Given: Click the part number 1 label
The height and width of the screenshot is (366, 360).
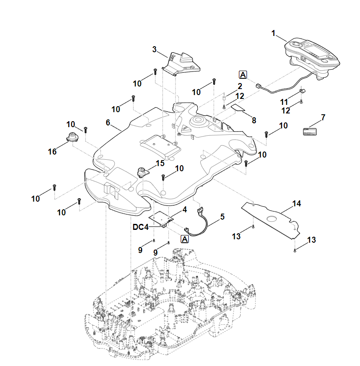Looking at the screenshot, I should pyautogui.click(x=274, y=33).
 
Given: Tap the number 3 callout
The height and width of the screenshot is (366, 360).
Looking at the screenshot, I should pyautogui.click(x=155, y=49).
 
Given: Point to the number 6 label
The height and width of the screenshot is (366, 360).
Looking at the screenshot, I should pyautogui.click(x=108, y=122).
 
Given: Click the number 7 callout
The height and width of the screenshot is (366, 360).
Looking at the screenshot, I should pyautogui.click(x=323, y=116).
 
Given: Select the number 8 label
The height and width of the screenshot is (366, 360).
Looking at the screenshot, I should pyautogui.click(x=254, y=121).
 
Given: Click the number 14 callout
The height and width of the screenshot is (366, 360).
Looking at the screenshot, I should pyautogui.click(x=297, y=204).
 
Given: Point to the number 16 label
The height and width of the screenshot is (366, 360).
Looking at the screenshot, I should pyautogui.click(x=52, y=152).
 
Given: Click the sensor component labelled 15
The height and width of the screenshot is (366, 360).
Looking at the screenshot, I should pyautogui.click(x=142, y=172).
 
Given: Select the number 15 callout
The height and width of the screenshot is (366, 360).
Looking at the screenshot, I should pyautogui.click(x=160, y=163).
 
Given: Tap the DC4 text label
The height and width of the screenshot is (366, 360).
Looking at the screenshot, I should pyautogui.click(x=141, y=227).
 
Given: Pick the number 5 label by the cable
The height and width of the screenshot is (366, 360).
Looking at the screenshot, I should pyautogui.click(x=222, y=217).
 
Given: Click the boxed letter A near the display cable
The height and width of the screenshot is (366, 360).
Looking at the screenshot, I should pyautogui.click(x=243, y=75).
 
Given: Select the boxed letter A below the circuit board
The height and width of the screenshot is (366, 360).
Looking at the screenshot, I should pyautogui.click(x=185, y=239).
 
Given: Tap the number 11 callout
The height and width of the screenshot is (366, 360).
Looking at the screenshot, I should pyautogui.click(x=284, y=102).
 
